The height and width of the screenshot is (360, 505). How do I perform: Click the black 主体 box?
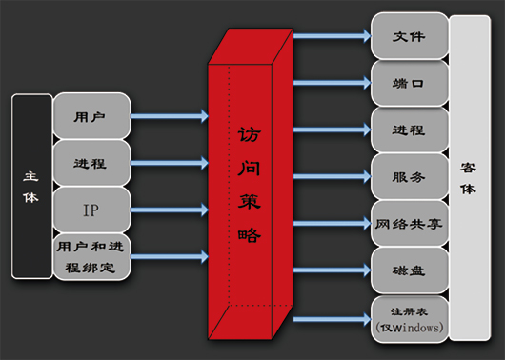pos(31,186)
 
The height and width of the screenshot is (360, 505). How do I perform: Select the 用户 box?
pos(91,117)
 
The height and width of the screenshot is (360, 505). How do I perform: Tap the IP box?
pos(91,210)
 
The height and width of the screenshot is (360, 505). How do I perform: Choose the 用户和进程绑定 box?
pos(91,256)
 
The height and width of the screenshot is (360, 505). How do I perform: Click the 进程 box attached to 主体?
pos(91,164)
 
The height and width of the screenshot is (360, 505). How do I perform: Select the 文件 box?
pos(409,36)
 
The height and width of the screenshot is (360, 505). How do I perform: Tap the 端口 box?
pos(409,84)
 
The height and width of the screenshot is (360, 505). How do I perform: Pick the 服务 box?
pos(409,176)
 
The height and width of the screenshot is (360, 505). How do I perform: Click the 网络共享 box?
pos(409,223)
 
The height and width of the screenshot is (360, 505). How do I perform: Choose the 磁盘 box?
pos(409,270)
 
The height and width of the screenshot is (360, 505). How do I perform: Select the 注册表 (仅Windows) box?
pos(409,318)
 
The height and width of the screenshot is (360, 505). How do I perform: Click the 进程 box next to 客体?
pos(409,130)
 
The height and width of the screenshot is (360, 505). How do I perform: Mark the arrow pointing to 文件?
pos(331,37)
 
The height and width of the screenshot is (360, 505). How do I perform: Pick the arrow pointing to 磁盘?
pos(331,270)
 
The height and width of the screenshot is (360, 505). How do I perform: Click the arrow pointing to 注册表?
pos(331,318)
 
